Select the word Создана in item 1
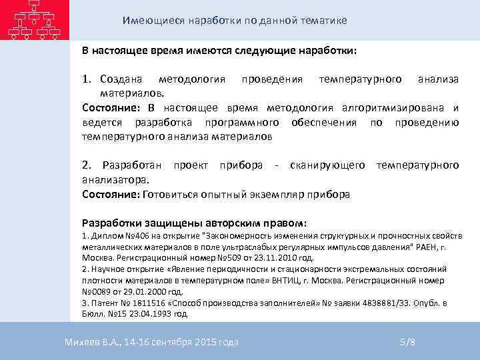coord(124,79)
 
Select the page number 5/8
coord(407,342)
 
